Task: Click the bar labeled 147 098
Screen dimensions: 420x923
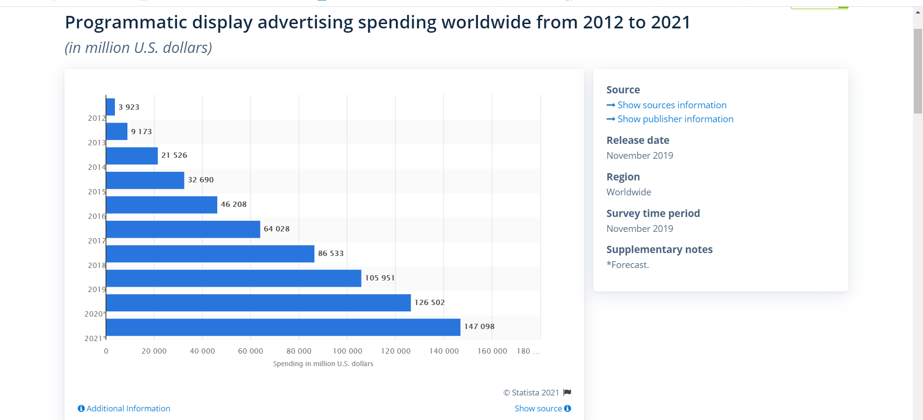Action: [x=283, y=327]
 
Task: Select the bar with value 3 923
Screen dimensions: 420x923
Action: [x=111, y=107]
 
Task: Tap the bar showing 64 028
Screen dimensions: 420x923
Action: [x=183, y=229]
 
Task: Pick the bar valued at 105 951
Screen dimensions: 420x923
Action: [x=233, y=278]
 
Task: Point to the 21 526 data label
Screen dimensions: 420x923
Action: [x=174, y=155]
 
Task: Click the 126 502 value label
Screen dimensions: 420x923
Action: [x=429, y=303]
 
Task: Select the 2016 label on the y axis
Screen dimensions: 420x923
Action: [x=97, y=216]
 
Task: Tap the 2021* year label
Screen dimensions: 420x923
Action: [x=95, y=339]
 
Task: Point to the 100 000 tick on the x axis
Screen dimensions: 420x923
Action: [x=347, y=351]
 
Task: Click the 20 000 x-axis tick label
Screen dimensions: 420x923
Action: [x=154, y=351]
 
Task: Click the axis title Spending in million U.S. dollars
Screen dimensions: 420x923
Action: [x=323, y=364]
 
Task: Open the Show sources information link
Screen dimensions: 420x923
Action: [x=672, y=105]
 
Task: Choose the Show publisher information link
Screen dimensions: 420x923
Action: [x=675, y=119]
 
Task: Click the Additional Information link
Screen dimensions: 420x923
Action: [x=128, y=408]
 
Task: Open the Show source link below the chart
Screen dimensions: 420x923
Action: [x=538, y=408]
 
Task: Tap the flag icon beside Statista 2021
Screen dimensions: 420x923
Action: [x=567, y=393]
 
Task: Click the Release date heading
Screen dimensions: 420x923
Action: [x=637, y=140]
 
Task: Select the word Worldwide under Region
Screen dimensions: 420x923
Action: [x=628, y=192]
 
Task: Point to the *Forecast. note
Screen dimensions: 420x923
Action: [x=627, y=265]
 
